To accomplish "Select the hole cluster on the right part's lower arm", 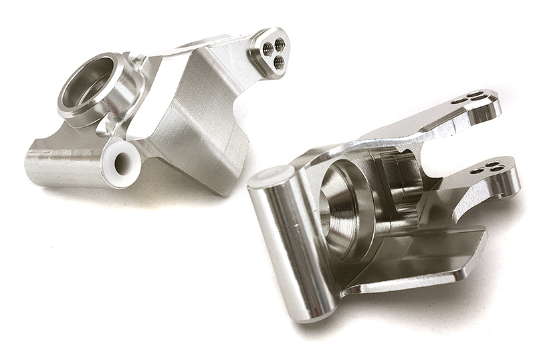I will (488, 167).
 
